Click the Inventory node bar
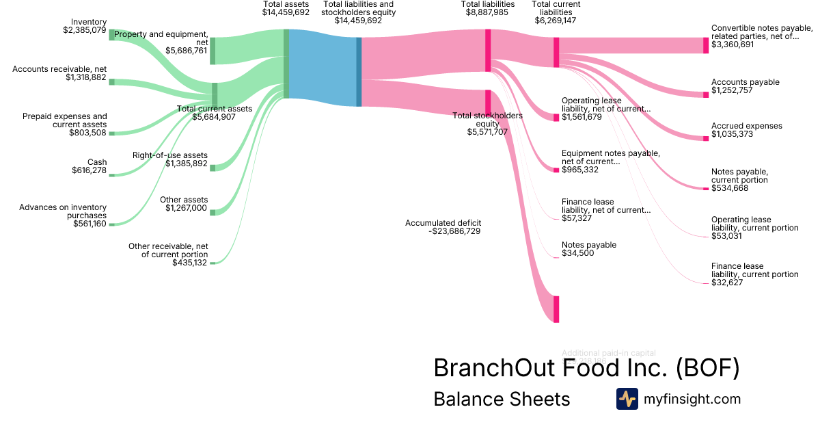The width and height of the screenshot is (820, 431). click(112, 35)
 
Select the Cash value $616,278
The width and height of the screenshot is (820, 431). click(89, 170)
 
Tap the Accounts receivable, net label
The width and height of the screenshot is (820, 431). click(59, 69)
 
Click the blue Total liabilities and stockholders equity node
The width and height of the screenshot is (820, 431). click(359, 72)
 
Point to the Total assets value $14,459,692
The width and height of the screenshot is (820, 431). click(286, 12)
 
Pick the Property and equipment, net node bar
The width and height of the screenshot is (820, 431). click(213, 51)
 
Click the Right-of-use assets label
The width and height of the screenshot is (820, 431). click(170, 155)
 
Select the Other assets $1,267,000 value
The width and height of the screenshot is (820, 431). click(186, 208)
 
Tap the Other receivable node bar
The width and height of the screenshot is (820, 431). click(213, 263)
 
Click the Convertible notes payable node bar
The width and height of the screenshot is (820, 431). click(706, 45)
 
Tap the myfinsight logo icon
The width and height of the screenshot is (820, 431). click(627, 399)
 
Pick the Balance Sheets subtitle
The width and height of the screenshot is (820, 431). click(502, 399)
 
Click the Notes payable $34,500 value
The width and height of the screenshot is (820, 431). click(577, 253)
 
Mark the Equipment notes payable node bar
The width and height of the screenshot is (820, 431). click(556, 170)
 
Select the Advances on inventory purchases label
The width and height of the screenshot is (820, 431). click(63, 211)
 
